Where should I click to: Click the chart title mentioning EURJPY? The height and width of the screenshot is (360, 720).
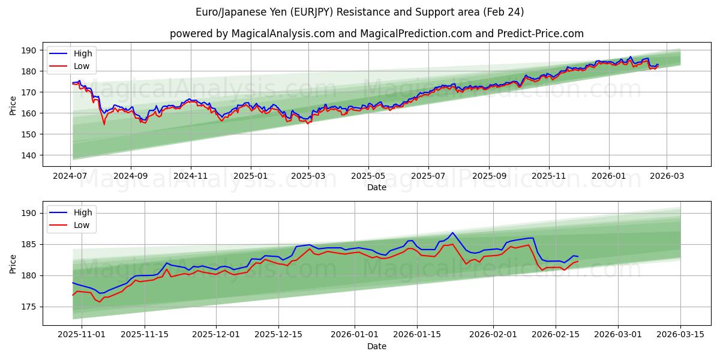(x=359, y=12)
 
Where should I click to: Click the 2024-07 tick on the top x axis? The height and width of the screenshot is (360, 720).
(x=71, y=176)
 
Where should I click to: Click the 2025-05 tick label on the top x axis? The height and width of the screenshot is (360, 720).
(x=368, y=176)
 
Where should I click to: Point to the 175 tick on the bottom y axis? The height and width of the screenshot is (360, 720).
(x=29, y=307)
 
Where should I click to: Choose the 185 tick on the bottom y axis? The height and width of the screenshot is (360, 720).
(x=29, y=244)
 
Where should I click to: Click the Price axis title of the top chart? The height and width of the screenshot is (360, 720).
(x=13, y=106)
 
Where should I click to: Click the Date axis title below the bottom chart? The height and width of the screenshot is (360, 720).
(x=376, y=346)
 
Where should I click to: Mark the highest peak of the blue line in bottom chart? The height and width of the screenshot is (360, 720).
(x=452, y=233)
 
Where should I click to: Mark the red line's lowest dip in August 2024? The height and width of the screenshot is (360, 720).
(x=104, y=124)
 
